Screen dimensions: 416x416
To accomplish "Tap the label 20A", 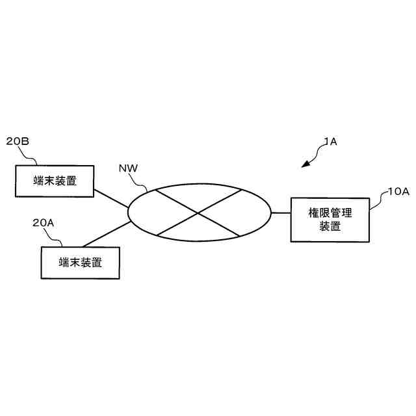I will click(x=44, y=223).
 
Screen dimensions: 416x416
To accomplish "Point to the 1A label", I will click(x=330, y=141).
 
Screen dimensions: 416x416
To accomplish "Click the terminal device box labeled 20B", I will click(x=55, y=181).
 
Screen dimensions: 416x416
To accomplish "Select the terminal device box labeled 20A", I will click(x=80, y=263).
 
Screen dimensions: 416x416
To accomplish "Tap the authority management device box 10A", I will click(x=330, y=219).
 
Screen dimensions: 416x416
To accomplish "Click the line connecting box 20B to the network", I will click(x=111, y=199).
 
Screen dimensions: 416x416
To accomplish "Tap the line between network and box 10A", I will click(x=281, y=213).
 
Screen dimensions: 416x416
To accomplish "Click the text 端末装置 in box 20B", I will click(x=55, y=181).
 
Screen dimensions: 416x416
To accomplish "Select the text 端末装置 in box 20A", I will click(x=80, y=263).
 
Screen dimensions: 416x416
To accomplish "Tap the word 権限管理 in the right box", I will click(x=330, y=213).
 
